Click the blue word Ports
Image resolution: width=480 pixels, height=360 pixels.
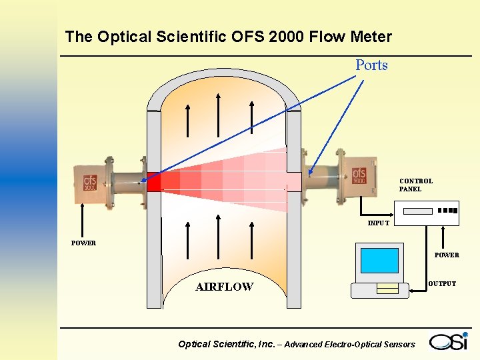point(371,65)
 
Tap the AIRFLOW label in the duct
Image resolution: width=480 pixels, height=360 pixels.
point(224,287)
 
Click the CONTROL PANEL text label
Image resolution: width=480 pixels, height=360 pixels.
point(416,185)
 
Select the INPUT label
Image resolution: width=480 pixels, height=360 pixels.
point(379,223)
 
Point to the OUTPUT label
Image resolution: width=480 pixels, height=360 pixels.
point(442,283)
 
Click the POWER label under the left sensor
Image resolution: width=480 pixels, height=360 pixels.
point(83,243)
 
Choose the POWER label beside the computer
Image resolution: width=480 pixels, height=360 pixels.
point(447,255)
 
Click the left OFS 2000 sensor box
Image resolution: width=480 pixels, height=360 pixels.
point(91,181)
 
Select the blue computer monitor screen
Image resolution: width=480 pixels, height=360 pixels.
point(379,261)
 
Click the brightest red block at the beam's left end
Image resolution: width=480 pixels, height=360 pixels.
point(154,182)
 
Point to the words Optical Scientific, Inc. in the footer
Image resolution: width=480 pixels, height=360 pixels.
point(226,344)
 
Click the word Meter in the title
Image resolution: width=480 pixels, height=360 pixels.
point(371,37)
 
